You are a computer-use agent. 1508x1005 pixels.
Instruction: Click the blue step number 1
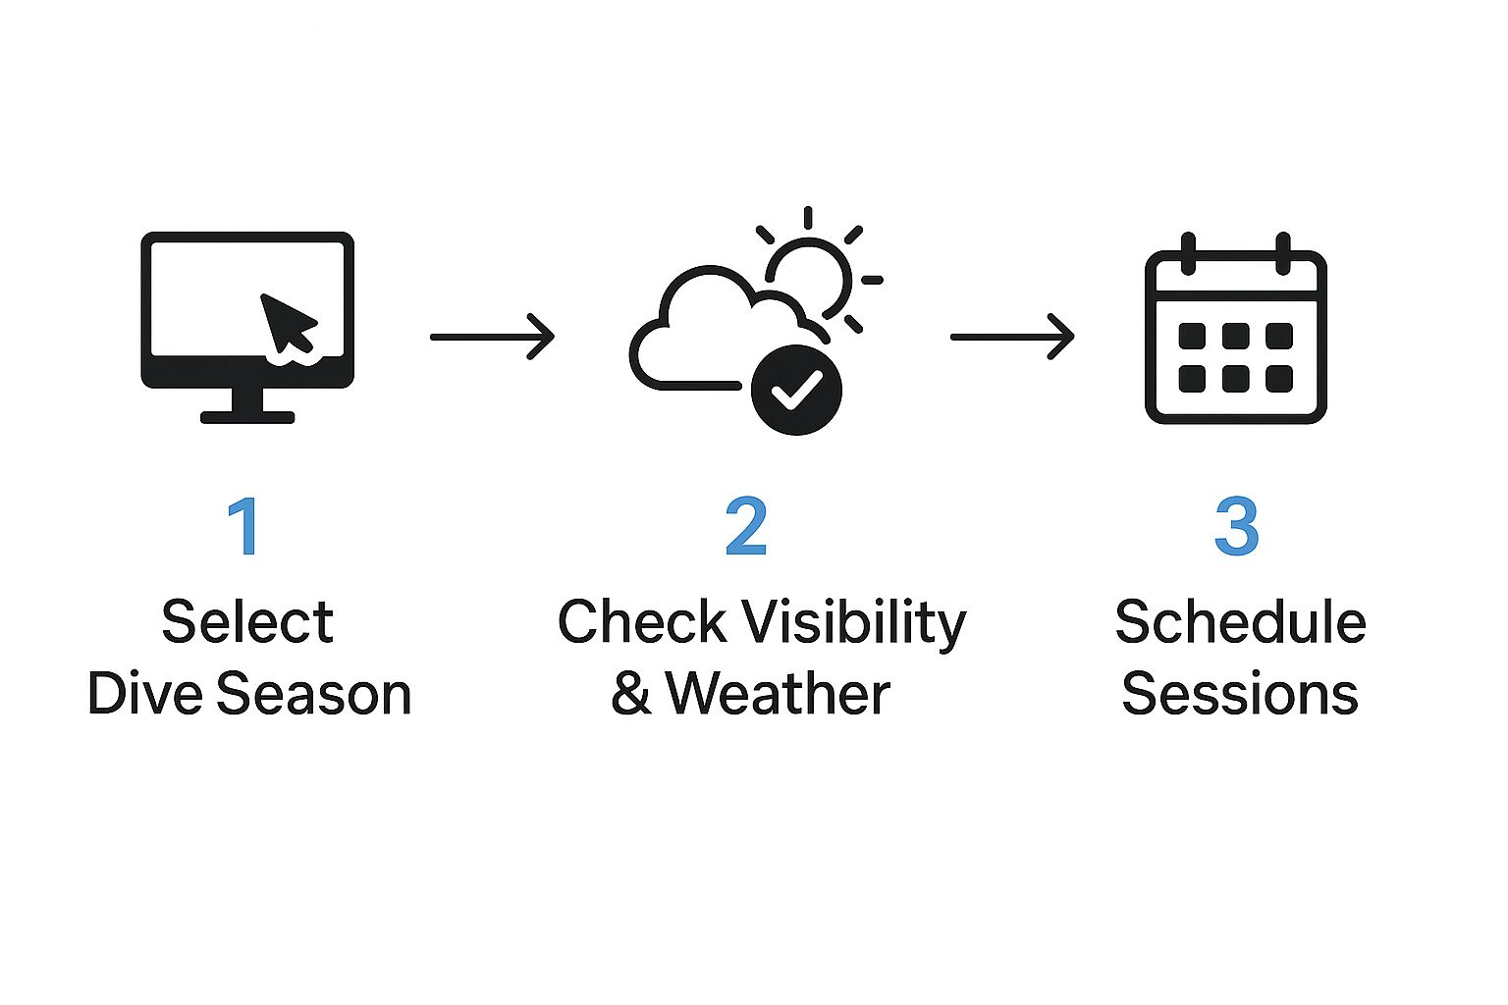tap(242, 526)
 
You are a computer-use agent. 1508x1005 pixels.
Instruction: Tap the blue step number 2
tap(746, 526)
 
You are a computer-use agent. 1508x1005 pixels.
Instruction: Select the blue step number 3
tap(1236, 526)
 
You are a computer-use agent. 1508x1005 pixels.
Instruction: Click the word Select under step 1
tap(247, 622)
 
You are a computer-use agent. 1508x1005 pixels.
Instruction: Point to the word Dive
tap(146, 694)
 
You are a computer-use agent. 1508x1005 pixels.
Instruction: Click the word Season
tap(314, 694)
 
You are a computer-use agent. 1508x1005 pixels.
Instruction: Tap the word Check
tap(642, 622)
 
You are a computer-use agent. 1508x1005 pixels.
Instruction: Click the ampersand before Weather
tap(631, 694)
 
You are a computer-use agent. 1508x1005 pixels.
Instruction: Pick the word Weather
tap(778, 694)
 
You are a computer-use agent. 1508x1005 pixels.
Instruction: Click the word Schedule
tap(1240, 622)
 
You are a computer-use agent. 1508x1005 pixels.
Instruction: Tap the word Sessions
tap(1240, 694)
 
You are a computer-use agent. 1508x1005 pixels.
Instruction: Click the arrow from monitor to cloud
tap(492, 337)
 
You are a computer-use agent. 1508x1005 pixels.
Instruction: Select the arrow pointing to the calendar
tap(1012, 337)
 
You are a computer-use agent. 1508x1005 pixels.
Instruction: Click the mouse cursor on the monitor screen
tap(287, 321)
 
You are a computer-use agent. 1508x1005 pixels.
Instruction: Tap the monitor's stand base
tap(247, 417)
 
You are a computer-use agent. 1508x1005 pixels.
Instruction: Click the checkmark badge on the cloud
tap(796, 390)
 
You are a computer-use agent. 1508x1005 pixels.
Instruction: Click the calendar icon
tap(1236, 334)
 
